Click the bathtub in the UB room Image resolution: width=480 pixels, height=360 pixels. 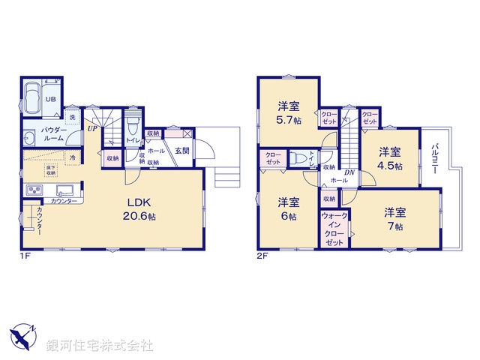(x=33, y=98)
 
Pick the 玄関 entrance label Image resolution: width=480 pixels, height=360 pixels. (x=182, y=150)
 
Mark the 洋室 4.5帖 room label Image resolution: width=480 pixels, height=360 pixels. (x=389, y=158)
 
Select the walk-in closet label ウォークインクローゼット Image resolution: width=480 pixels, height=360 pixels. (x=334, y=229)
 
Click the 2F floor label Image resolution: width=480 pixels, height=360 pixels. (x=262, y=256)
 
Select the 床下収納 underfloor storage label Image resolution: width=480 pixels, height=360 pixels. (x=50, y=169)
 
